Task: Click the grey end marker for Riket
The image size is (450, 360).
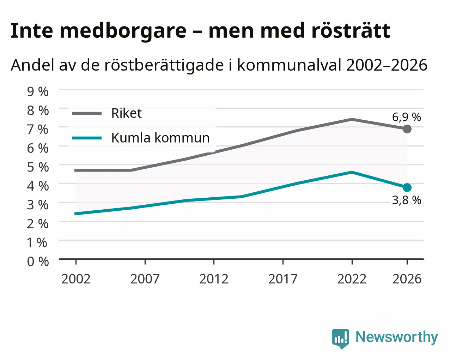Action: click(407, 129)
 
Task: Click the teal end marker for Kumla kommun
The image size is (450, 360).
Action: click(407, 187)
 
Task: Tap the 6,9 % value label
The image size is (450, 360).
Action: click(407, 117)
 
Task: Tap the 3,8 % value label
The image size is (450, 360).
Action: click(407, 200)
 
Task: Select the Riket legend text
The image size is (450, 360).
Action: click(127, 113)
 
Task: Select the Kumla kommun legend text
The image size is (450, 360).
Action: click(160, 138)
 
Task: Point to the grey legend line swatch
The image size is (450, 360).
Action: click(87, 113)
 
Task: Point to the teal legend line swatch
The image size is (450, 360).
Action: click(87, 138)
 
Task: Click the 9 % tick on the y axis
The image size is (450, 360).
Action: click(38, 91)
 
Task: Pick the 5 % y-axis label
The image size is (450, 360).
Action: click(38, 167)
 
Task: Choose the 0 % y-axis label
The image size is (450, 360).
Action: click(38, 262)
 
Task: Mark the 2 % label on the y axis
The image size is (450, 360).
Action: click(38, 224)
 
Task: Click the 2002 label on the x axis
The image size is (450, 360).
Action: click(76, 279)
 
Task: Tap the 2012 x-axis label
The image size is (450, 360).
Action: click(214, 279)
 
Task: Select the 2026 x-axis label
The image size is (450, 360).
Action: click(407, 279)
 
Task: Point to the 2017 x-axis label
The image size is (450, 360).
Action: click(283, 279)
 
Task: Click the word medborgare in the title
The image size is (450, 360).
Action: click(123, 31)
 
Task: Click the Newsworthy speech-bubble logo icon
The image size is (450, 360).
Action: click(341, 338)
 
